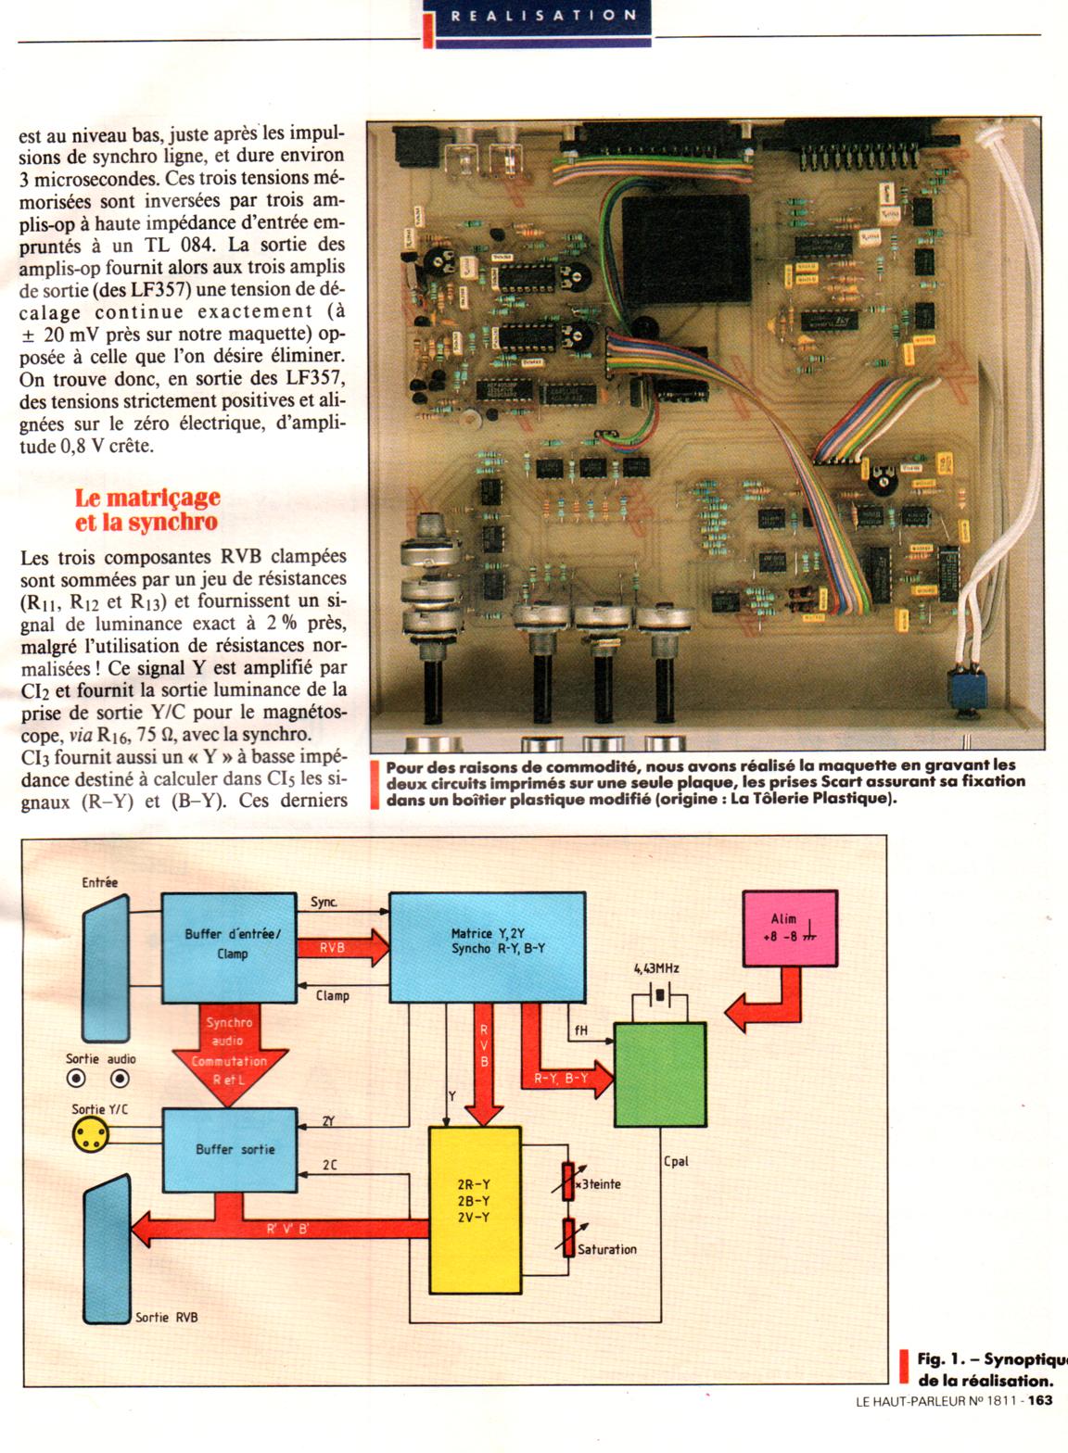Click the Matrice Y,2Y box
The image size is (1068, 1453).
[487, 946]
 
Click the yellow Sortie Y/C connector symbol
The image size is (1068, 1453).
[90, 1132]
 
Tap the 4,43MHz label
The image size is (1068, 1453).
[657, 968]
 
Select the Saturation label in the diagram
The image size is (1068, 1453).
[607, 1249]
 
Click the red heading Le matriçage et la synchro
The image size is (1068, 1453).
[146, 510]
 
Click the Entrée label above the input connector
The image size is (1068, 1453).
[100, 882]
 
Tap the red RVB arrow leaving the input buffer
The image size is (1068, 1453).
[340, 948]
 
